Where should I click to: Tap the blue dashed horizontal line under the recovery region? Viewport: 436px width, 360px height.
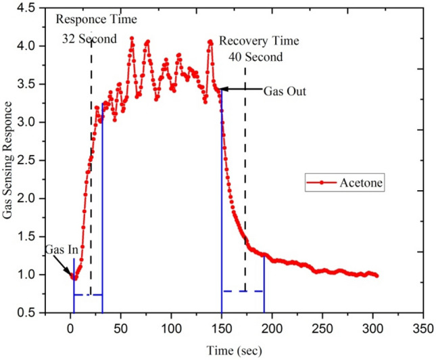[x=243, y=291]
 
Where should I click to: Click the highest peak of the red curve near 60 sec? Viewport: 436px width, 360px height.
[x=131, y=38]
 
